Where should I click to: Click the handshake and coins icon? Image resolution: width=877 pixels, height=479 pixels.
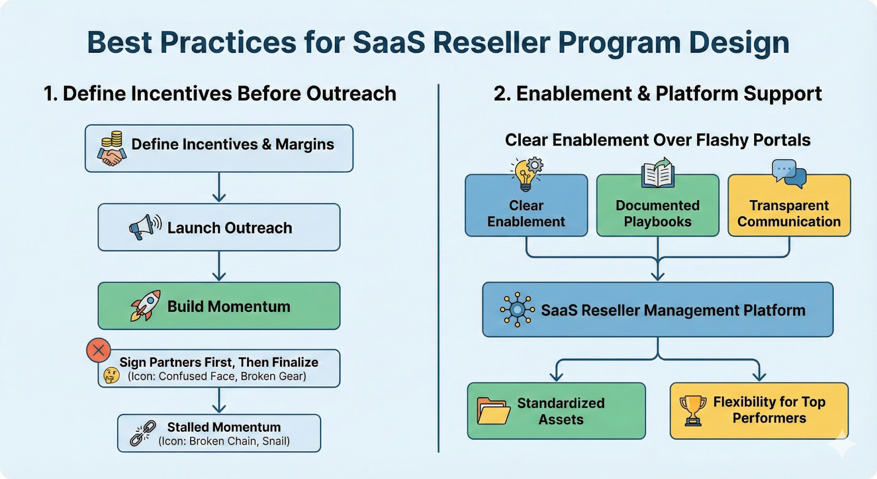pyautogui.click(x=112, y=149)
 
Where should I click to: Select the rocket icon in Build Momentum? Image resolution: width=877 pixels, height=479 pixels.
pyautogui.click(x=146, y=306)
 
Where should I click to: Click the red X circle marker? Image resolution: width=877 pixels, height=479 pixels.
pyautogui.click(x=99, y=351)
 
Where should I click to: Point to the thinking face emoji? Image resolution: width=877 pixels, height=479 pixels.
pyautogui.click(x=111, y=375)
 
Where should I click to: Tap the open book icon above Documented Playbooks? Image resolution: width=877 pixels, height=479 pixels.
pyautogui.click(x=658, y=173)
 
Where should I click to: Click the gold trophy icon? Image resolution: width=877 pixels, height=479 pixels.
pyautogui.click(x=693, y=410)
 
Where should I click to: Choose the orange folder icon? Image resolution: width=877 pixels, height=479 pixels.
pyautogui.click(x=493, y=411)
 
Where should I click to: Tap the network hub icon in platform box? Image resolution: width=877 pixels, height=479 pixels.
pyautogui.click(x=517, y=310)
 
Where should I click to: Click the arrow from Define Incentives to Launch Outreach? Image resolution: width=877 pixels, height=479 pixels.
pyautogui.click(x=219, y=188)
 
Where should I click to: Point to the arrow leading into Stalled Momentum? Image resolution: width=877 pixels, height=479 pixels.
pyautogui.click(x=219, y=401)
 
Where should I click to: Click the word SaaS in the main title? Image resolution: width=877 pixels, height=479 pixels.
pyautogui.click(x=389, y=42)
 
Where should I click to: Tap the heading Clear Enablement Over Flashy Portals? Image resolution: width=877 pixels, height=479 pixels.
pyautogui.click(x=657, y=140)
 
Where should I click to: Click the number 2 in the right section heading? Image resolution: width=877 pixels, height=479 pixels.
pyautogui.click(x=499, y=94)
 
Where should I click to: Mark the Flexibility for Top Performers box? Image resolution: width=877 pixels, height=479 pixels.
pyautogui.click(x=759, y=410)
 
